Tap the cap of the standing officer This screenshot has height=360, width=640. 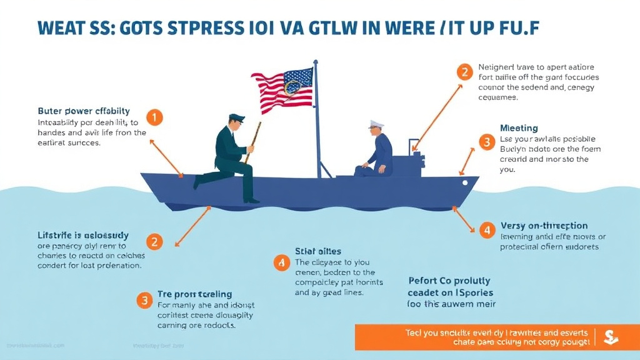[237, 117]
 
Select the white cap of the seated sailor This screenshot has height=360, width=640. [376, 123]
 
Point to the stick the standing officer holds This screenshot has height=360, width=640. [253, 141]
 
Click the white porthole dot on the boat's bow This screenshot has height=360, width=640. [464, 182]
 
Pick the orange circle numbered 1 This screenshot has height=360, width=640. [154, 117]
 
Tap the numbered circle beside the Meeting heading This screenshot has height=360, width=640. [486, 141]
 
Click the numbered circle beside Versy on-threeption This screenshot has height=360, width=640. [487, 229]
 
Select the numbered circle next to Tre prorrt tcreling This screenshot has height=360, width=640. [144, 300]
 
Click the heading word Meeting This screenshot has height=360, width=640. [519, 128]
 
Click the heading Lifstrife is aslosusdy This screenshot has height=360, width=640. [82, 236]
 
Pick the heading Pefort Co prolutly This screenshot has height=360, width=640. [449, 281]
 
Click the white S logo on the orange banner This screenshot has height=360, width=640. [611, 337]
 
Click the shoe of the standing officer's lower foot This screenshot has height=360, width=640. [251, 200]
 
